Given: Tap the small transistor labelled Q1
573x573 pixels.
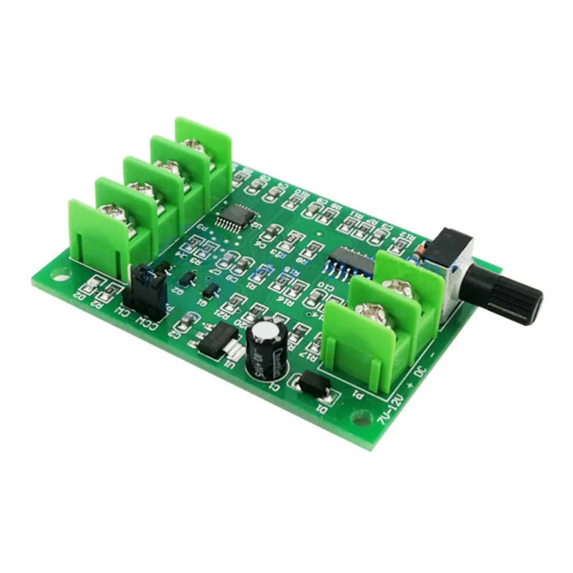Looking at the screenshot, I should click(x=211, y=289).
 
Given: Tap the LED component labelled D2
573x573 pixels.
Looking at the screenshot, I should click(x=89, y=285).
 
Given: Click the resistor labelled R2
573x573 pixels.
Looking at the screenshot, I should click(x=105, y=293).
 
